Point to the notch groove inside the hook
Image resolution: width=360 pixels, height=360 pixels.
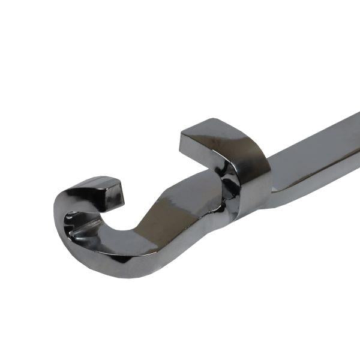81,226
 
